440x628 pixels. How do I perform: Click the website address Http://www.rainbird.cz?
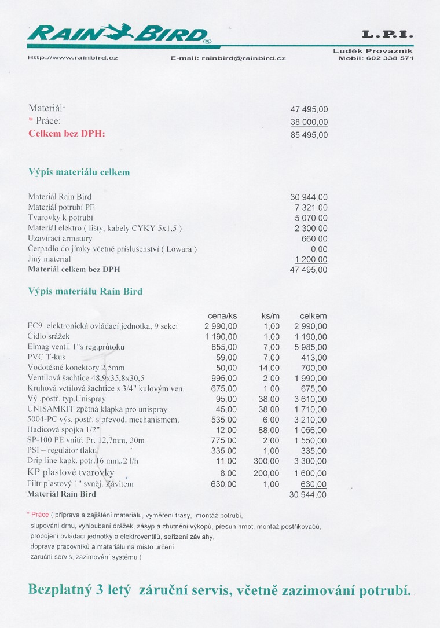(73, 58)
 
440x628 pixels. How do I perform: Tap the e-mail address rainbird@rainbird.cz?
(243, 58)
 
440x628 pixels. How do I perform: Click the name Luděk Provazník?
(373, 51)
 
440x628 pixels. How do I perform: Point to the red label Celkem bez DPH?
(67, 134)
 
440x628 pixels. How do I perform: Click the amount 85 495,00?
(309, 135)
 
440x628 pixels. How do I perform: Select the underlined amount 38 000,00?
(309, 122)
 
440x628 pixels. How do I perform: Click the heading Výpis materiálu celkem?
(79, 172)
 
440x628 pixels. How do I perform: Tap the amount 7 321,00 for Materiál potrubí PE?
(311, 207)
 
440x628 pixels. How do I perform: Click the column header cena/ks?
(222, 315)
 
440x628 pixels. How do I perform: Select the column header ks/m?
(270, 315)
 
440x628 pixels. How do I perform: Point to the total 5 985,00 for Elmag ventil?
(311, 347)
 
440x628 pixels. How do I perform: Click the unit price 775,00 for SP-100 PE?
(224, 440)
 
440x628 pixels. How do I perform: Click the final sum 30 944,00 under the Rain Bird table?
(308, 494)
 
